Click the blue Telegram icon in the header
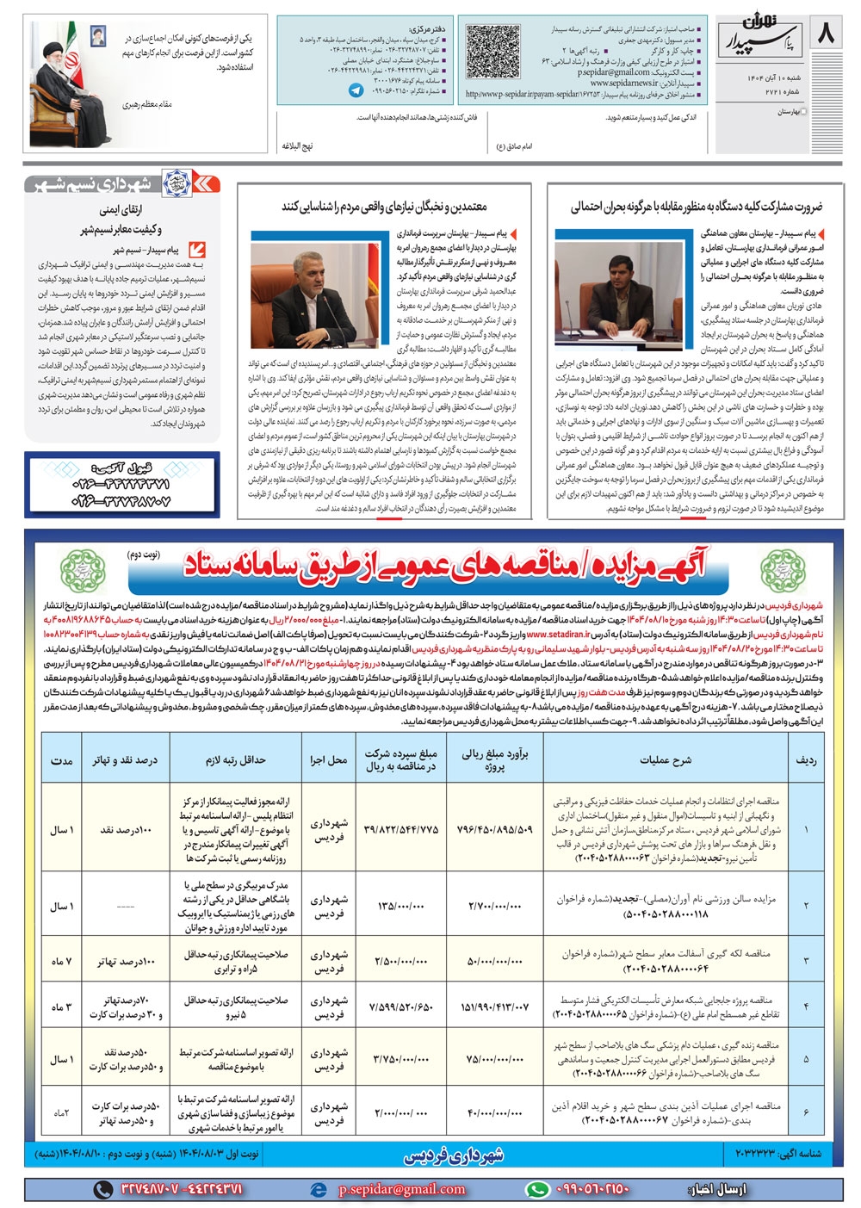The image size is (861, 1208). pos(356,89)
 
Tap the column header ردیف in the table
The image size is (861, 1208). pos(807,760)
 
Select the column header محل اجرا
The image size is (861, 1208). pos(328,760)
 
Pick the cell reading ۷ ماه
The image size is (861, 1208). pos(61,961)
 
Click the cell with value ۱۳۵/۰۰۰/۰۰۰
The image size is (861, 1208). pos(400,906)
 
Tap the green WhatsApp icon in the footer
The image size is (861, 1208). pos(537,1189)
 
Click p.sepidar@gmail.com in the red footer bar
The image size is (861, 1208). pos(401,1189)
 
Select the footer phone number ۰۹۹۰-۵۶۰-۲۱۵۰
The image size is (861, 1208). pos(591,1189)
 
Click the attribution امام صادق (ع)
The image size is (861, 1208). pos(514,146)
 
